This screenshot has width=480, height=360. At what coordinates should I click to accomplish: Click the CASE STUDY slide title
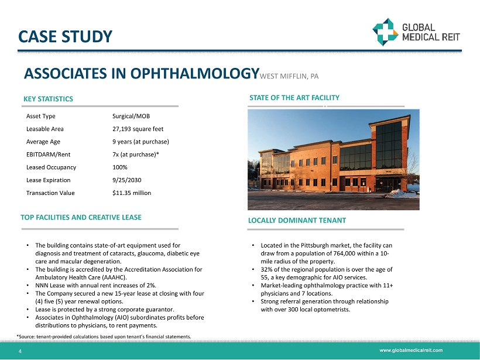pos(65,37)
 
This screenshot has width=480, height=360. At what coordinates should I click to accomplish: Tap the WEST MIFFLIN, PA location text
pos(289,76)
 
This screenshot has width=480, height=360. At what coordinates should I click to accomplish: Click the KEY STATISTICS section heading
pos(48,99)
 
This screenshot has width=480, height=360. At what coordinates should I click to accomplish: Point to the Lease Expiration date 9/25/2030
pos(127,180)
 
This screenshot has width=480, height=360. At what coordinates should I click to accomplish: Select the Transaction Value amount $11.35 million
pos(132,193)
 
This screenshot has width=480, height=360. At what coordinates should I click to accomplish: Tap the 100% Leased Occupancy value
pos(119,167)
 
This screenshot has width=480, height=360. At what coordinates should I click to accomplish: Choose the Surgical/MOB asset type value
pos(131,116)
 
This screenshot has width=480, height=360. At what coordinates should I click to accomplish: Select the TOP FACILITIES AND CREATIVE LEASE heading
pos(81,217)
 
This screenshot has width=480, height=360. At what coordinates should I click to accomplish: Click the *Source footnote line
pos(104,336)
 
